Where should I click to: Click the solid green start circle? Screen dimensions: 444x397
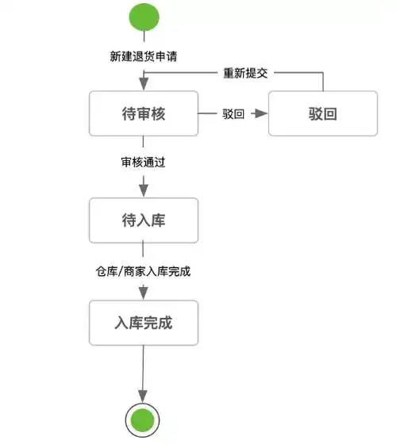coord(143,18)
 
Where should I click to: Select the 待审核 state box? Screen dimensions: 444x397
coord(143,113)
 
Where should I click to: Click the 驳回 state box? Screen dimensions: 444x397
coord(323,113)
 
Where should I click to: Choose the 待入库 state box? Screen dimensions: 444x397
coord(143,220)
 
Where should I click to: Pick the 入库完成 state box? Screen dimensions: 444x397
coord(143,323)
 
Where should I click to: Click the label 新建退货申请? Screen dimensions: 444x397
coord(143,57)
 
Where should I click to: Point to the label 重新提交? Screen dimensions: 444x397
coord(245,73)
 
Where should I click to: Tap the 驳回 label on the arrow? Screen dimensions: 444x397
coord(233,114)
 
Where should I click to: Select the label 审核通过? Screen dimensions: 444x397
coord(143,163)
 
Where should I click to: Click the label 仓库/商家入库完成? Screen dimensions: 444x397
coord(143,271)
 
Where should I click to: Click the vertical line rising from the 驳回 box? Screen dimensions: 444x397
coord(323,82)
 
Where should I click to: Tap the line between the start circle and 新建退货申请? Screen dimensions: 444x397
coord(143,40)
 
